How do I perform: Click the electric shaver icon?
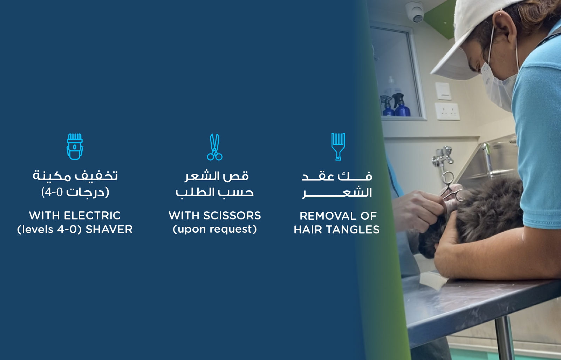pyautogui.click(x=75, y=147)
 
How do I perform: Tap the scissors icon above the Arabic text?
pyautogui.click(x=215, y=147)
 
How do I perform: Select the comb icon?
pyautogui.click(x=338, y=147)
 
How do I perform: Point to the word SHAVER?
pyautogui.click(x=109, y=230)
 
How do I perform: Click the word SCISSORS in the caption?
pyautogui.click(x=232, y=216)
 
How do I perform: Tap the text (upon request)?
pyautogui.click(x=215, y=229)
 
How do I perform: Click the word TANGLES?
pyautogui.click(x=354, y=230)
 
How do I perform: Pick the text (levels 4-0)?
pyautogui.click(x=49, y=230)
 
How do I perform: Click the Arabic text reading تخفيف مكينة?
pyautogui.click(x=75, y=175)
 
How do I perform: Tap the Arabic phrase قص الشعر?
pyautogui.click(x=217, y=176)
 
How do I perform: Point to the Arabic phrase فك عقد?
pyautogui.click(x=337, y=176)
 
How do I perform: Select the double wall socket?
pyautogui.click(x=447, y=111)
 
